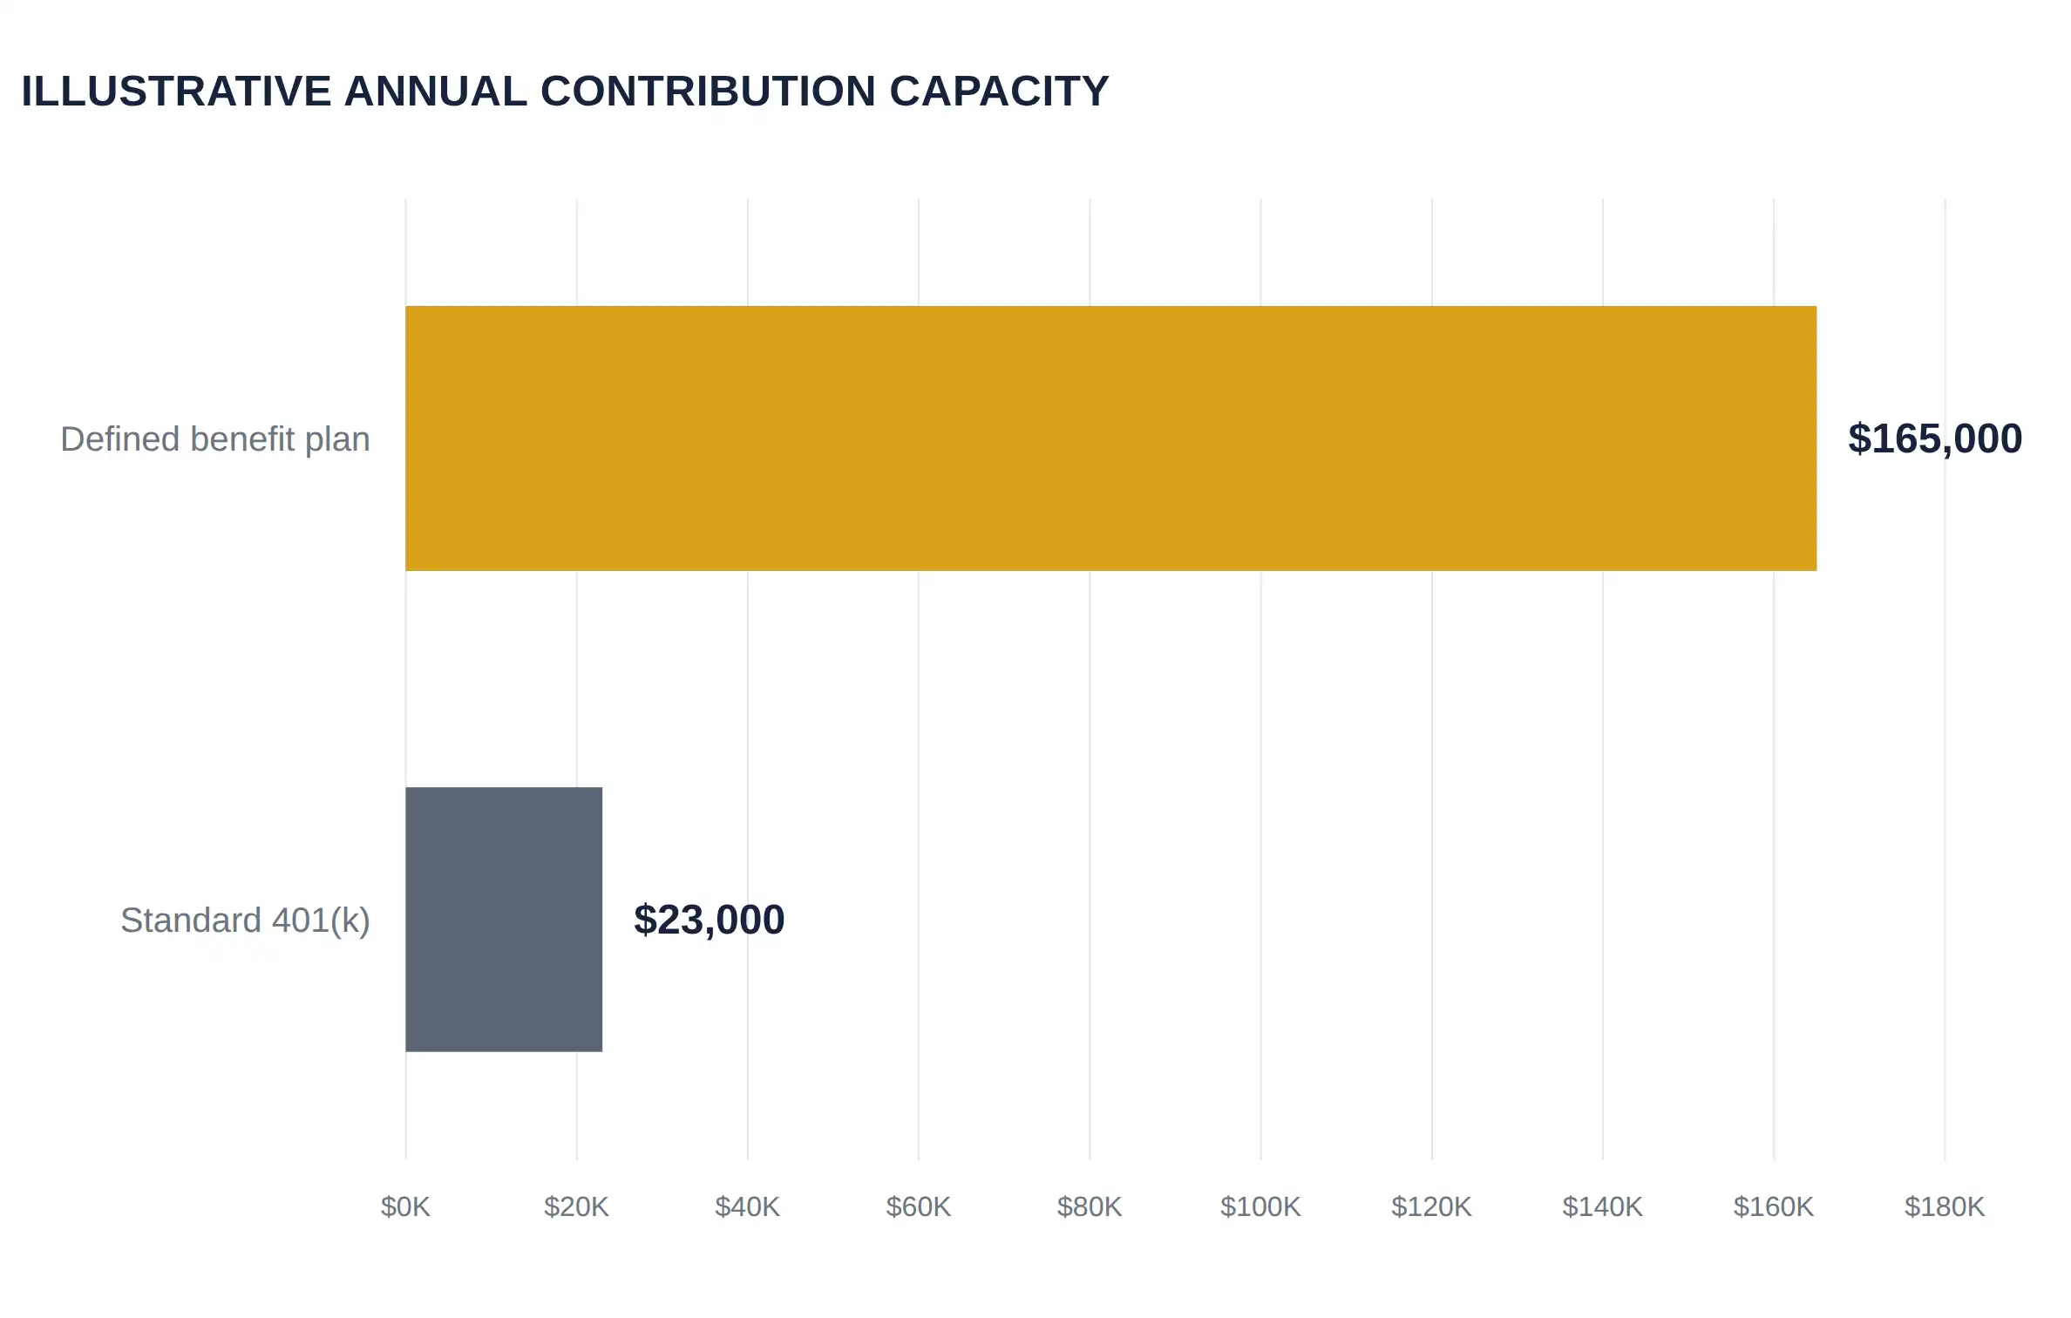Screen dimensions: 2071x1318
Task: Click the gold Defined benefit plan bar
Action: [x=1111, y=438]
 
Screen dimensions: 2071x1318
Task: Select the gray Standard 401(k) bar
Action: [x=504, y=920]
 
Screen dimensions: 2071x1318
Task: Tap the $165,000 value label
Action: [x=1935, y=438]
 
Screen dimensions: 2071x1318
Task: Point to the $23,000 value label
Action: [x=710, y=920]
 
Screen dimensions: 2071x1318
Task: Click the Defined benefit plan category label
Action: [x=215, y=439]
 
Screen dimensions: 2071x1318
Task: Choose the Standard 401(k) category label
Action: [x=246, y=921]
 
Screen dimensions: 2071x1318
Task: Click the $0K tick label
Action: [x=405, y=1207]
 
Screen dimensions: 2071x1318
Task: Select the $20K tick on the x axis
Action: [x=576, y=1207]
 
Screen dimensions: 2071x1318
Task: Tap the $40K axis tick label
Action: [x=747, y=1207]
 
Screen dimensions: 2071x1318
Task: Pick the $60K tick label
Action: [x=919, y=1207]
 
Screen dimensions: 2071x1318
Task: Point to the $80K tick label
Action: [x=1090, y=1207]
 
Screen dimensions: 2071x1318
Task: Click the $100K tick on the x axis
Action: [x=1260, y=1207]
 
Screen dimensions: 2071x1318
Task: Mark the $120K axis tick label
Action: [x=1431, y=1207]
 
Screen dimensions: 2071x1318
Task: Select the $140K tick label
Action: [x=1602, y=1207]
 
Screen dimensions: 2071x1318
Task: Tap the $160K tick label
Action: [x=1774, y=1207]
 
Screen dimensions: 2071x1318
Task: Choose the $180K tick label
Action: [x=1945, y=1207]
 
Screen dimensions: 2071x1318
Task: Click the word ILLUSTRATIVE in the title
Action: [x=176, y=92]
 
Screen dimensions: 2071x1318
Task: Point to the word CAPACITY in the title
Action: [x=999, y=92]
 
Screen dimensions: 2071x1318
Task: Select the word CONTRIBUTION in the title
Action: [x=708, y=92]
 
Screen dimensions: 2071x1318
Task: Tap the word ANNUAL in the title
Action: [x=436, y=92]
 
